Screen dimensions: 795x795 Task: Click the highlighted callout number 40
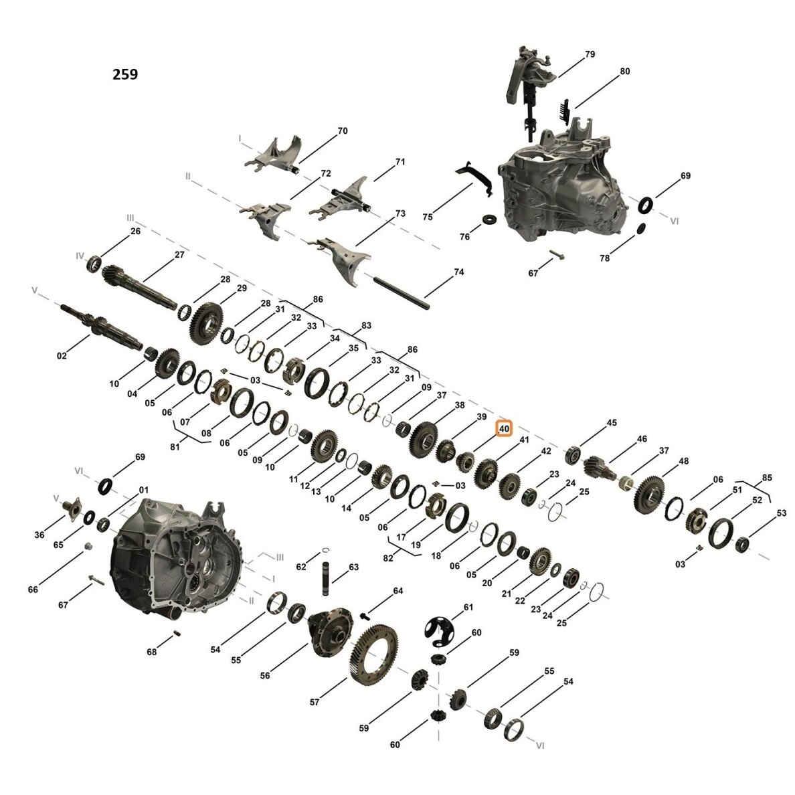click(504, 429)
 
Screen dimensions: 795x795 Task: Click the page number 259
click(124, 74)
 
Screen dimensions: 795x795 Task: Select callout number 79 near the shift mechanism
click(590, 54)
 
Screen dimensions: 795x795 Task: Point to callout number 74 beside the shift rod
click(458, 272)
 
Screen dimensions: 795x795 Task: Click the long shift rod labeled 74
click(401, 292)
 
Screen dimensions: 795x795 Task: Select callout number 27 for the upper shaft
click(179, 254)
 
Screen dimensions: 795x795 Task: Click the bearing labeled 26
click(95, 263)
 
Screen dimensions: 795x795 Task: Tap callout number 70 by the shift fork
click(343, 130)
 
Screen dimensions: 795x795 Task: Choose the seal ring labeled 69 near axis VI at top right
click(645, 204)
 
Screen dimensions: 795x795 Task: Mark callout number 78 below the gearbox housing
click(604, 258)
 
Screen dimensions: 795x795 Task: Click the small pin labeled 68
click(177, 633)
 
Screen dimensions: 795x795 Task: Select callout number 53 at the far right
click(782, 513)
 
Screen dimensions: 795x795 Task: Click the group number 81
click(175, 447)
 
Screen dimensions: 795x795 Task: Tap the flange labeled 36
click(70, 507)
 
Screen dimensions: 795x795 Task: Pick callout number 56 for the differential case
click(265, 675)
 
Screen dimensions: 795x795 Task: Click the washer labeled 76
click(490, 219)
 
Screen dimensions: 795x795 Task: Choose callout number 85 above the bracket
click(767, 478)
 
